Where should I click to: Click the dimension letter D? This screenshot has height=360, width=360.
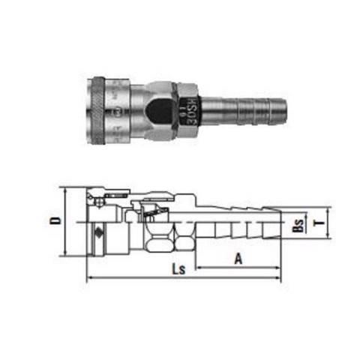73,223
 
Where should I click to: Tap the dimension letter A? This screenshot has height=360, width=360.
238,258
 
